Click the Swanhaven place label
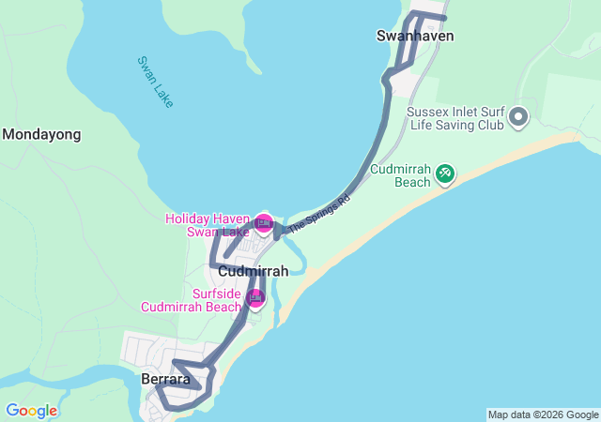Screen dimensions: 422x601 point(415,36)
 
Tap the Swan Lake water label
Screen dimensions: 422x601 point(155,82)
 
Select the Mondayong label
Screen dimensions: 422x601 point(41,134)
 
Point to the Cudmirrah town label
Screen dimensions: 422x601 point(253,271)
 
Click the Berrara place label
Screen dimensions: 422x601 point(165,380)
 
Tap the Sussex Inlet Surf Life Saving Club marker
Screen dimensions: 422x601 point(518,119)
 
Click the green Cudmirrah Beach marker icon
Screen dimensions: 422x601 point(445,173)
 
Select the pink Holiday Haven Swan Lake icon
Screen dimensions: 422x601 point(264,223)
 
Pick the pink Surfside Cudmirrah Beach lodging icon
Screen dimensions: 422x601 point(255,298)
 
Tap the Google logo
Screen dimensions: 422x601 point(31,411)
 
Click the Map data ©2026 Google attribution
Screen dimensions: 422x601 point(543,414)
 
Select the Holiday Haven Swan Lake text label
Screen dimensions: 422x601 point(208,225)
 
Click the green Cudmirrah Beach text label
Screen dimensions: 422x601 point(399,175)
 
